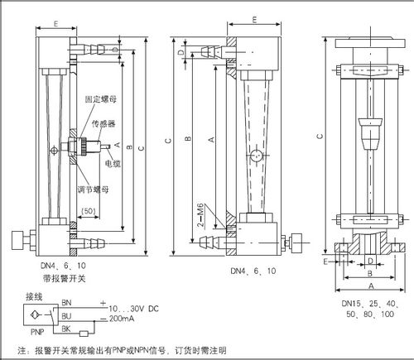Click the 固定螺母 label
coord(99,98)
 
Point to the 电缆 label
coord(113,162)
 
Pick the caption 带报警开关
coord(53,279)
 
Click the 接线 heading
coord(33,295)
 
